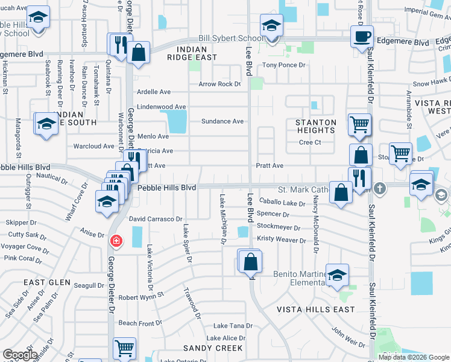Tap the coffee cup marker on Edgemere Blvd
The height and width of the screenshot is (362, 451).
(x=362, y=36)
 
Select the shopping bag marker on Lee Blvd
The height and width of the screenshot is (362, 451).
(x=251, y=262)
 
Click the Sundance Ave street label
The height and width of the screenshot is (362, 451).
(x=222, y=121)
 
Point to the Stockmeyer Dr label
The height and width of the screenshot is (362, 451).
(x=278, y=227)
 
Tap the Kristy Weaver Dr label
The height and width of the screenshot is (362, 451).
(x=282, y=240)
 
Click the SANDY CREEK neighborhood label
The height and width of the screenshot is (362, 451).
(x=213, y=348)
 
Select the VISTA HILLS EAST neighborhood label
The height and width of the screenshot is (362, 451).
(x=316, y=310)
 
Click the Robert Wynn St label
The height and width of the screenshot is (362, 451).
(x=141, y=297)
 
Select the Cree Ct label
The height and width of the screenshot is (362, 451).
(x=309, y=143)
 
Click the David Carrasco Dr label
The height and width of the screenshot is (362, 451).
(x=156, y=218)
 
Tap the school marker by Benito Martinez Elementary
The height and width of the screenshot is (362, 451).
(x=338, y=275)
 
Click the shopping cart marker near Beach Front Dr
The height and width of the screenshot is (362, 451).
(x=124, y=348)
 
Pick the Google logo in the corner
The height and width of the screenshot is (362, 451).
(x=20, y=355)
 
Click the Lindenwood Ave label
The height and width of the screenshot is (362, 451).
(x=161, y=106)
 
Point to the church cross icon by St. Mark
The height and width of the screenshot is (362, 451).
(x=380, y=189)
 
